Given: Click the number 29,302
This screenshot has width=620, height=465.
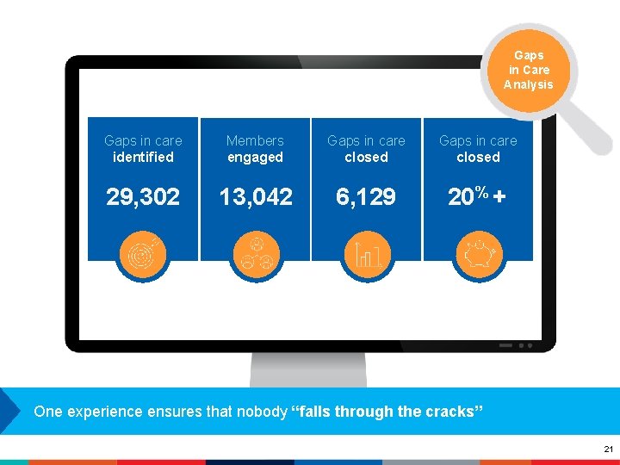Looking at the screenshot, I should point(143,197).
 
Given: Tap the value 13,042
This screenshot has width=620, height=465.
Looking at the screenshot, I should point(255,197).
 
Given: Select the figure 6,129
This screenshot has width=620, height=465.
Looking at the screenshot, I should point(366,197).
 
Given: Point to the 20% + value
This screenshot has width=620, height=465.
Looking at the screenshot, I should point(477,197).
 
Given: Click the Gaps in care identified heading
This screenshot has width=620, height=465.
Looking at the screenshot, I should point(143,148).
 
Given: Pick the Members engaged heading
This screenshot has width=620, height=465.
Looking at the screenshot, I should point(255,148).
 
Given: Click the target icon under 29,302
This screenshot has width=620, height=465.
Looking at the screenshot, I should point(143,256).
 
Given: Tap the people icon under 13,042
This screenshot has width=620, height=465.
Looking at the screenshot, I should point(255,256).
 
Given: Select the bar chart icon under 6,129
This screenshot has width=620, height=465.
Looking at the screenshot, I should point(367,256).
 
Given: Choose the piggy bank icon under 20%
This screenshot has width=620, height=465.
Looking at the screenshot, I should point(478,256).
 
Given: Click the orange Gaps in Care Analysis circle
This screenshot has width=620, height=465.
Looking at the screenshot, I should point(528,70).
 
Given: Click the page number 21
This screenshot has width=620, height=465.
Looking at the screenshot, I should point(608,449).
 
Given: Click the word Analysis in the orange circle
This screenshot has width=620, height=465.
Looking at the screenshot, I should point(528,84).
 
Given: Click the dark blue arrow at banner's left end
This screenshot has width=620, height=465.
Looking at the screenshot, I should point(9,411).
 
